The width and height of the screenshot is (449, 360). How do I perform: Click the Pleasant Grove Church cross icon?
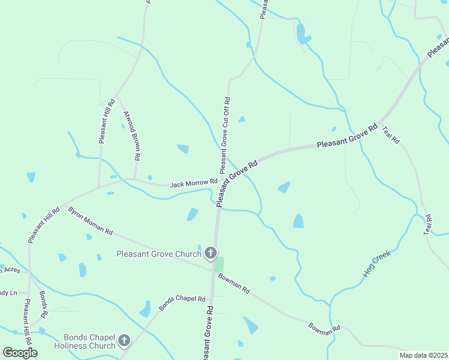(x=211, y=254)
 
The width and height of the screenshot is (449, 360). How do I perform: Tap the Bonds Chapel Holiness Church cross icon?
(x=124, y=341)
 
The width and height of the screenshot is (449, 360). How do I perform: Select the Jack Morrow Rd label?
(x=193, y=182)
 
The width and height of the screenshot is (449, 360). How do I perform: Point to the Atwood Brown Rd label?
(x=131, y=135)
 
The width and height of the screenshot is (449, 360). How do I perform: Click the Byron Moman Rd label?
(x=91, y=221)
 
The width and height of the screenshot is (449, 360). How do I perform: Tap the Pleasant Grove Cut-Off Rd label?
(x=226, y=136)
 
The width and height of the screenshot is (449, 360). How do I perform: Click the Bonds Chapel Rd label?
(x=182, y=303)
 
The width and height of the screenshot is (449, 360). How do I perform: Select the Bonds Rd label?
(x=43, y=305)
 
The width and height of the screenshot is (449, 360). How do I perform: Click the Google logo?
(x=20, y=352)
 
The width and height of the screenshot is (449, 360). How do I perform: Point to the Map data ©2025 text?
(x=423, y=355)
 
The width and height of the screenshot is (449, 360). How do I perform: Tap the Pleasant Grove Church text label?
(x=158, y=254)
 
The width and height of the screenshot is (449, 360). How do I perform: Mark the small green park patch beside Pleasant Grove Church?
(x=219, y=265)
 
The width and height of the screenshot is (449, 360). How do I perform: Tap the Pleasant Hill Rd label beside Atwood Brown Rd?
(x=103, y=122)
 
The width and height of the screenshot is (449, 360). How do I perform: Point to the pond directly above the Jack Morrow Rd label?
(x=183, y=148)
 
